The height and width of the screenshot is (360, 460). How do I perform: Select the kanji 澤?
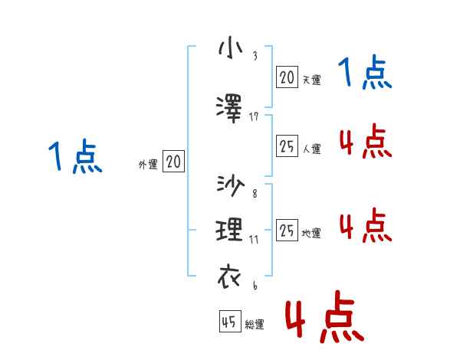[x=231, y=106]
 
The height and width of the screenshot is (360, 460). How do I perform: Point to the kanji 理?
[x=231, y=230]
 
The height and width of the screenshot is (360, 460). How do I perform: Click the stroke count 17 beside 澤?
[x=255, y=116]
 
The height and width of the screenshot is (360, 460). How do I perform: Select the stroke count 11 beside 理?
[x=254, y=240]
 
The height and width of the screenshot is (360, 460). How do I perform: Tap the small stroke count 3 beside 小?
[x=254, y=56]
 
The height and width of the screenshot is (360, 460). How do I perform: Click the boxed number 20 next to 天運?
[x=287, y=77]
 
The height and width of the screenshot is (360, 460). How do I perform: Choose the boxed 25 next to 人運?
[x=287, y=146]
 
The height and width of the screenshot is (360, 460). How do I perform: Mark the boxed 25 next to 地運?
[x=287, y=231]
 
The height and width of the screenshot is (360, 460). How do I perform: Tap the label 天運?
[x=311, y=80]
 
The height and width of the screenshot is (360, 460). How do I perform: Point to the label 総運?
[x=255, y=325]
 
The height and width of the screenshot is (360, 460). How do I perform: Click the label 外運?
[x=148, y=164]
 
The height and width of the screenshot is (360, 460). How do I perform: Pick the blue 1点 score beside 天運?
[x=365, y=74]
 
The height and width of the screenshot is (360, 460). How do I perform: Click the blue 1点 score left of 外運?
[x=74, y=158]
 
